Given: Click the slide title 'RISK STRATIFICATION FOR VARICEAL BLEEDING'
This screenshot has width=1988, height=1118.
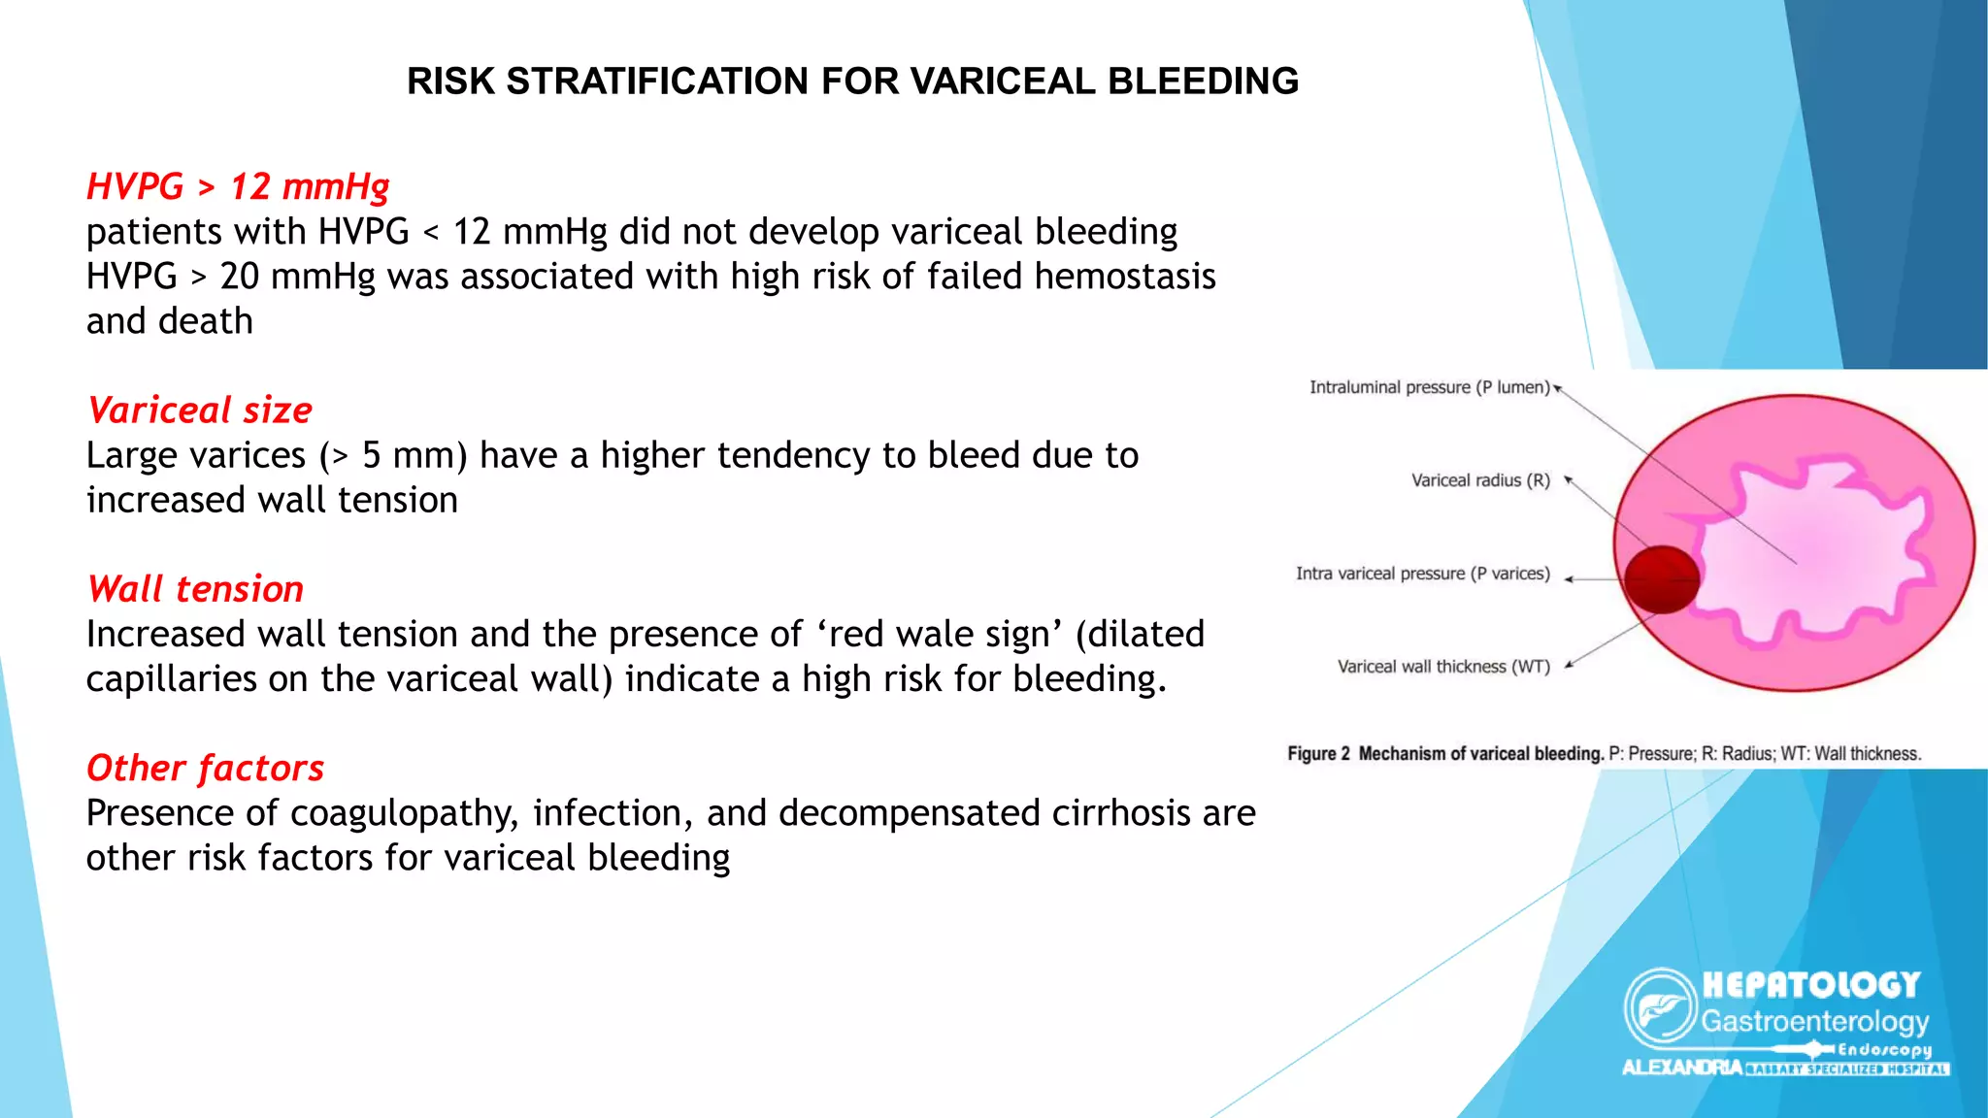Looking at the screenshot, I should pos(852,82).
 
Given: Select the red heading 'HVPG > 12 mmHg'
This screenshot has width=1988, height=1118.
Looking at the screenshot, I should pos(238,186).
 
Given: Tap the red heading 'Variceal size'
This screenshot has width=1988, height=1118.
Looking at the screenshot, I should pos(199,411).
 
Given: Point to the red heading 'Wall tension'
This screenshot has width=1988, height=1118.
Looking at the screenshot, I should pos(195,589).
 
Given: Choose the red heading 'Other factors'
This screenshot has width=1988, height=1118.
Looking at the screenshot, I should pos(205,769).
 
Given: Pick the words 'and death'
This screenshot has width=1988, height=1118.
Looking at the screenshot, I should pos(169,321).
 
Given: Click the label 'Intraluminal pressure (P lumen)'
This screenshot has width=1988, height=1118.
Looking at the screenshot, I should pos(1429,387).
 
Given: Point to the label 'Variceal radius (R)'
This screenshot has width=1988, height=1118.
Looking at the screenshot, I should pos(1480,480).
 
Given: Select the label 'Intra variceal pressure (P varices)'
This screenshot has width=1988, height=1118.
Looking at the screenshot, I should pos(1423,574).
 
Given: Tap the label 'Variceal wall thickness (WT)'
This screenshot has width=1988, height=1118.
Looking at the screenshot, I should pos(1443,667).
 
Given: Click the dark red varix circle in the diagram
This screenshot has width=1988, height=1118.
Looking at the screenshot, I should pos(1662,579).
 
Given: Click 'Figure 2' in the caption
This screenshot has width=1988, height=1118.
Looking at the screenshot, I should pos(1318,754).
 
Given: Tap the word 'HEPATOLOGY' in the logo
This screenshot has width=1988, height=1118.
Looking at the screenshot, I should pos(1811,985).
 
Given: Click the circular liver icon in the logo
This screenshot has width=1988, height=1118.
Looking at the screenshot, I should pos(1661,1007).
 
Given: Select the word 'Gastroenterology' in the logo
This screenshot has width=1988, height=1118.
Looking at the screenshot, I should pos(1814,1022).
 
